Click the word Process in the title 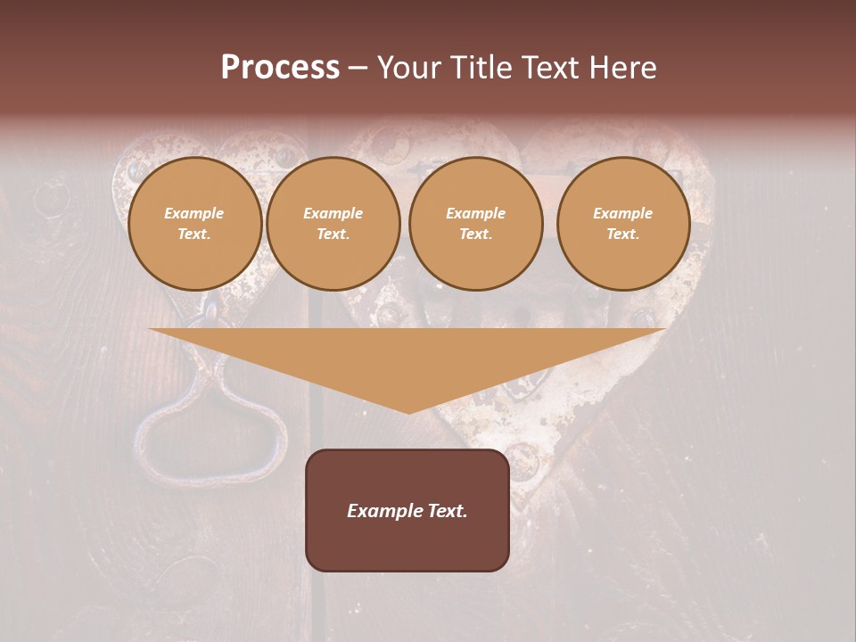[280, 68]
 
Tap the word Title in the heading [480, 68]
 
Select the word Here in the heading [621, 68]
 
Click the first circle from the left [194, 223]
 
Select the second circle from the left [333, 223]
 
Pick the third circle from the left [476, 223]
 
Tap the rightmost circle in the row [623, 223]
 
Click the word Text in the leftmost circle [193, 235]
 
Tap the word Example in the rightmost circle [622, 213]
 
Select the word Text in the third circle [475, 235]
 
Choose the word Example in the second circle [333, 213]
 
